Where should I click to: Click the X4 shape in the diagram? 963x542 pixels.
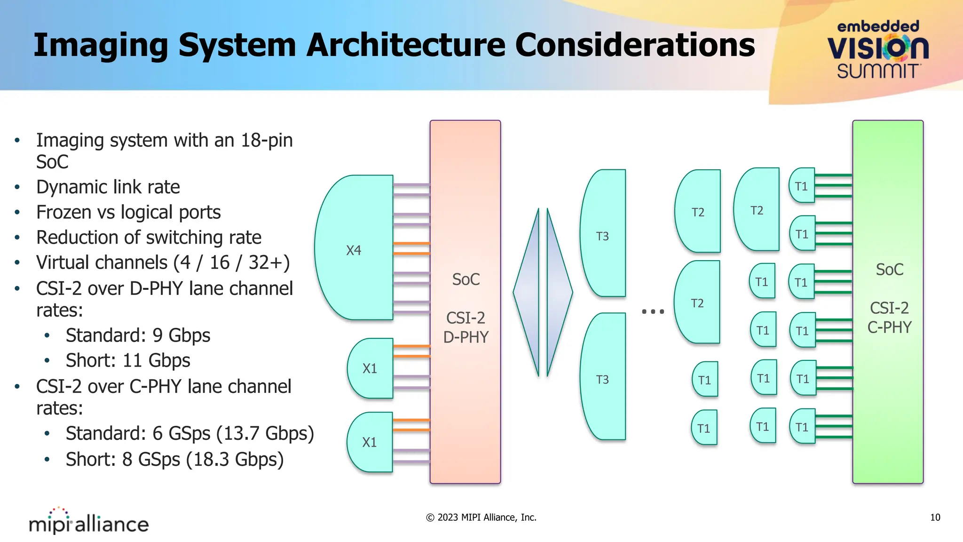(x=354, y=248)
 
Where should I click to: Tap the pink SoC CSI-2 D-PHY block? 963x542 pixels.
(x=465, y=301)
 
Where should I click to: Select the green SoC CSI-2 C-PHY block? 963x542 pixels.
(x=888, y=301)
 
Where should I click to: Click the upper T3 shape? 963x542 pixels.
(x=603, y=234)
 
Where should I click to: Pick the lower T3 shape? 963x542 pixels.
(x=603, y=377)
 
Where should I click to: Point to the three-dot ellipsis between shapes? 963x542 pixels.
(x=653, y=311)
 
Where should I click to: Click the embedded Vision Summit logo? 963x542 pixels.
(x=877, y=49)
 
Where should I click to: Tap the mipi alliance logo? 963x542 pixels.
(x=88, y=521)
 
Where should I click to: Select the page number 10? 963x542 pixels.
(x=935, y=518)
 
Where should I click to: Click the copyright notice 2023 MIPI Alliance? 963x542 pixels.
(x=481, y=518)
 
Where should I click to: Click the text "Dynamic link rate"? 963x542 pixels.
(x=108, y=187)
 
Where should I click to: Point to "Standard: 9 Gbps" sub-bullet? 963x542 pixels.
(x=138, y=335)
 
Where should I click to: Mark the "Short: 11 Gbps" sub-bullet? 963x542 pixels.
(x=128, y=361)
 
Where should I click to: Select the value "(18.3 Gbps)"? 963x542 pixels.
(x=235, y=460)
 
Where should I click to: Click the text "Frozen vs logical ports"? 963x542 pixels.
(x=128, y=212)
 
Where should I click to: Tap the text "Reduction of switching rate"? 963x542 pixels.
(x=149, y=238)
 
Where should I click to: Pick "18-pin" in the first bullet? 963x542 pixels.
(x=267, y=140)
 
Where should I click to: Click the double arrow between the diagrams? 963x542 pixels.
(x=543, y=292)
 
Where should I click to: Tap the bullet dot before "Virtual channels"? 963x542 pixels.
(x=17, y=263)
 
